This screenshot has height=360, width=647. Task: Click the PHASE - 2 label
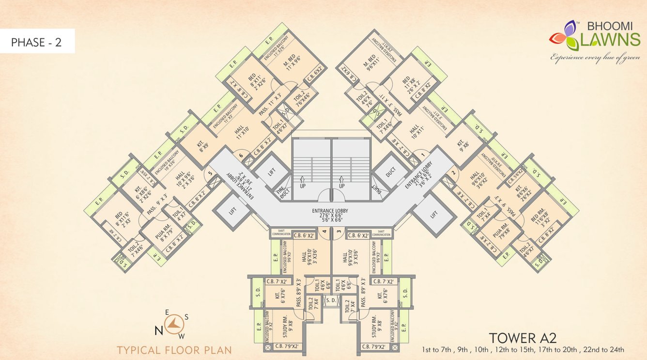[x=36, y=42]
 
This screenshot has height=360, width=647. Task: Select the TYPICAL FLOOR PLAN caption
[x=174, y=350]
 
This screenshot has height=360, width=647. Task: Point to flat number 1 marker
[x=422, y=156]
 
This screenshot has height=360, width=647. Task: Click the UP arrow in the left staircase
[x=302, y=182]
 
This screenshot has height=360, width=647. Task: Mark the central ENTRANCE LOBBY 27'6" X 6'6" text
[x=331, y=214]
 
